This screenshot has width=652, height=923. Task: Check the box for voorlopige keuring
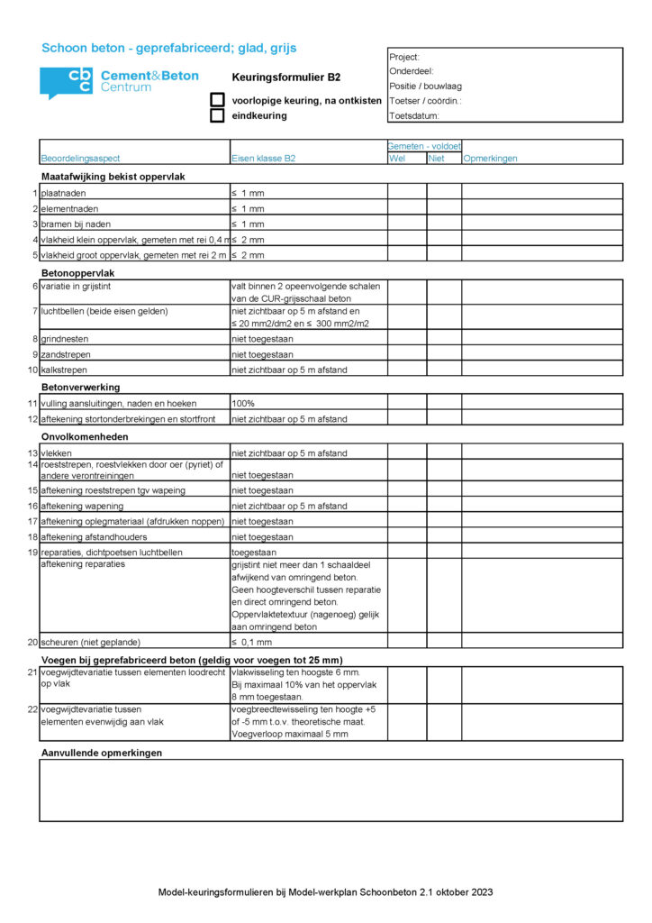click(x=217, y=100)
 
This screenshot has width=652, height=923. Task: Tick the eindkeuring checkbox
click(x=217, y=115)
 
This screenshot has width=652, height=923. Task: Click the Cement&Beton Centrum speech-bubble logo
click(x=66, y=82)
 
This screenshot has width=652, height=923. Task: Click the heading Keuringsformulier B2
click(x=285, y=78)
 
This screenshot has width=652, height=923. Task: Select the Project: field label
click(x=404, y=57)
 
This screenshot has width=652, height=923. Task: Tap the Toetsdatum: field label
click(x=414, y=116)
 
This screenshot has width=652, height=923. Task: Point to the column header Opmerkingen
click(x=490, y=159)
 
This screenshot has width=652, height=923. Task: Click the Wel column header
click(x=396, y=159)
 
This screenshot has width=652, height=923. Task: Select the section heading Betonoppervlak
click(x=78, y=271)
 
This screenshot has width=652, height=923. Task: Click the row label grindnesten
click(x=65, y=339)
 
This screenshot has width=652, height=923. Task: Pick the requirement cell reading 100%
click(x=242, y=404)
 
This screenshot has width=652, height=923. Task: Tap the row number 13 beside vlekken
click(x=32, y=453)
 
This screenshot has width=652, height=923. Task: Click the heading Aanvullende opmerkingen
click(x=102, y=752)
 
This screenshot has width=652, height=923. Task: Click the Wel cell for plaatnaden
click(x=407, y=193)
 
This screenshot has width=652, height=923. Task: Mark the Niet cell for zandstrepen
click(x=444, y=354)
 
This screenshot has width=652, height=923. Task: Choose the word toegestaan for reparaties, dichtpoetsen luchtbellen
click(x=254, y=552)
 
